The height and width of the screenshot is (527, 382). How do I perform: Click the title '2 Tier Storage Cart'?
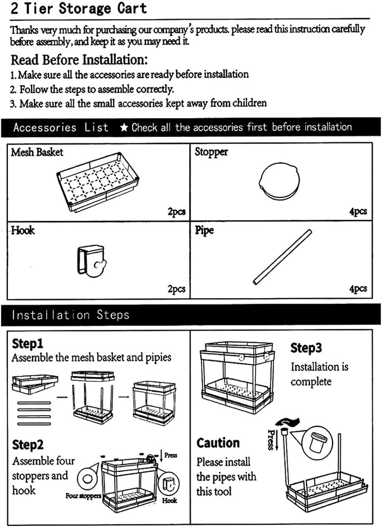tap(78, 8)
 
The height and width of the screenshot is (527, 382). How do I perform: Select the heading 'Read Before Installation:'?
tap(79, 60)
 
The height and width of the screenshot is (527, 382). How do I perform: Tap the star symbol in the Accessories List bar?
tap(124, 127)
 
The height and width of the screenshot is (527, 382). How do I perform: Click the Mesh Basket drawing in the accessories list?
tap(98, 182)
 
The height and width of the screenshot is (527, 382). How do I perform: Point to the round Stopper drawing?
tap(279, 181)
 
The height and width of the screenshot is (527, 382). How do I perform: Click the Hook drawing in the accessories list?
tap(92, 261)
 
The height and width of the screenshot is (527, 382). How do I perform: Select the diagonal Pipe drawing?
tap(282, 257)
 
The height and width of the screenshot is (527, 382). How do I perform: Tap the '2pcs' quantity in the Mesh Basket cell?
tap(177, 211)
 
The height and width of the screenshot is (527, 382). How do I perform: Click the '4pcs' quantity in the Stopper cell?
tap(358, 211)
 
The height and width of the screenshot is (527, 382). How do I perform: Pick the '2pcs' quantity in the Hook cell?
tap(177, 289)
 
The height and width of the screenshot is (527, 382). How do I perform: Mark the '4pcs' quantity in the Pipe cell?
tap(358, 289)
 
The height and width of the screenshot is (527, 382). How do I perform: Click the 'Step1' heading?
tap(28, 344)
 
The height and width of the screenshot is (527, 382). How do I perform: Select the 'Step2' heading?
tap(28, 445)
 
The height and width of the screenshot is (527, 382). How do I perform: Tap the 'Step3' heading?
tap(306, 348)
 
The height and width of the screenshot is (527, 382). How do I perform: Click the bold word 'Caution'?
tap(218, 443)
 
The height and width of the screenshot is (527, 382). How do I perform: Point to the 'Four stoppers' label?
tap(83, 496)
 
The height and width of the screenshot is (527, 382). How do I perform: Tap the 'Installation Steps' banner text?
tap(71, 315)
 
